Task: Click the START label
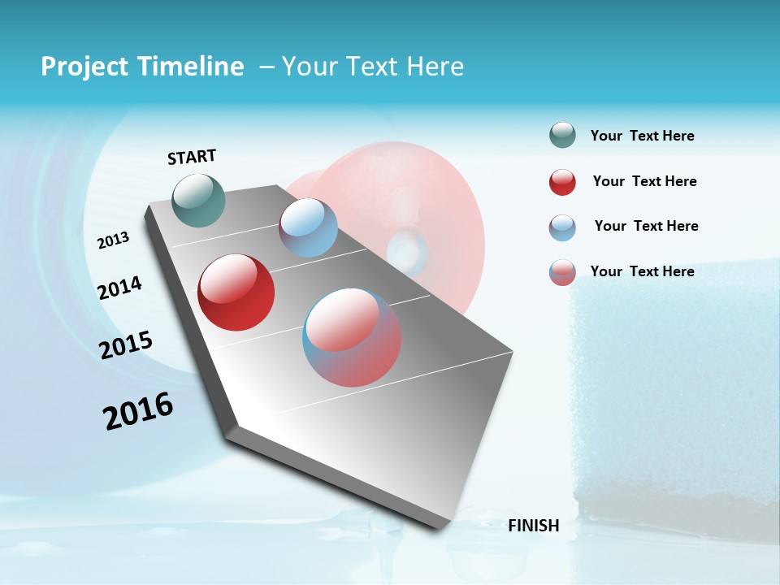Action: (x=192, y=157)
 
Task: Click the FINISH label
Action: (x=533, y=526)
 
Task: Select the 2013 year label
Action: (x=114, y=240)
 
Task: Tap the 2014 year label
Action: (x=119, y=288)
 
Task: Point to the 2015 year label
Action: (x=126, y=345)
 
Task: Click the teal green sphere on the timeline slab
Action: (x=199, y=200)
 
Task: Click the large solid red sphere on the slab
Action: (x=236, y=292)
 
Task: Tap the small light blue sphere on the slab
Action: (x=308, y=227)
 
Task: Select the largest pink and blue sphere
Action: (x=352, y=337)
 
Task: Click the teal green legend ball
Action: (x=562, y=136)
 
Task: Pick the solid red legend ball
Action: (x=562, y=182)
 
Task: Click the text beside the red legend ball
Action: (x=644, y=181)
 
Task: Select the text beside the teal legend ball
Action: (x=642, y=136)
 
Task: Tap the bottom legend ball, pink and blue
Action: (x=562, y=272)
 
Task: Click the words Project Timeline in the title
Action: (x=142, y=67)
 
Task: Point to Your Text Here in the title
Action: (x=373, y=67)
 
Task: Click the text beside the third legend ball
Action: (x=646, y=226)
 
